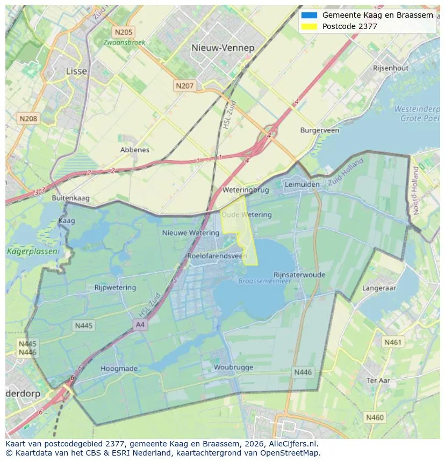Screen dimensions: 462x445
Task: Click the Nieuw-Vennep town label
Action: pyautogui.click(x=223, y=48)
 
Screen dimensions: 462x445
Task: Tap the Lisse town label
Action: pyautogui.click(x=76, y=71)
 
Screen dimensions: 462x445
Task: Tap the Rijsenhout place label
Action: pyautogui.click(x=391, y=68)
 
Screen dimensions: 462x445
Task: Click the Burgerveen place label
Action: pyautogui.click(x=319, y=130)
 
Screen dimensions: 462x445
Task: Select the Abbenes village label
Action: pyautogui.click(x=135, y=150)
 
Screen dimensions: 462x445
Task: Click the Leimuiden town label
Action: pyautogui.click(x=302, y=184)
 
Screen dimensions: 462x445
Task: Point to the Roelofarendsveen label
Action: pyautogui.click(x=217, y=256)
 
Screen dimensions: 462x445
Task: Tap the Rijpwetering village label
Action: pyautogui.click(x=115, y=288)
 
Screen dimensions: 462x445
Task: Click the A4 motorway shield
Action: pyautogui.click(x=140, y=324)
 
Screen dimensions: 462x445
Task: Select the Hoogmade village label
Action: pyautogui.click(x=119, y=369)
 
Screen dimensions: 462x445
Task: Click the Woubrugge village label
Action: pyautogui.click(x=233, y=367)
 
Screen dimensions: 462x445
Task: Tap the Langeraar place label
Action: pyautogui.click(x=379, y=288)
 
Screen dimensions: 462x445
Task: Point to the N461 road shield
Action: pyautogui.click(x=392, y=342)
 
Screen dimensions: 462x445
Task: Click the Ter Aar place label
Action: pyautogui.click(x=378, y=380)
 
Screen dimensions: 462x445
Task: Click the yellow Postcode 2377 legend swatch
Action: pyautogui.click(x=310, y=26)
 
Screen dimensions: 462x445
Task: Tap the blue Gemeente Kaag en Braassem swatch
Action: pyautogui.click(x=310, y=15)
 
